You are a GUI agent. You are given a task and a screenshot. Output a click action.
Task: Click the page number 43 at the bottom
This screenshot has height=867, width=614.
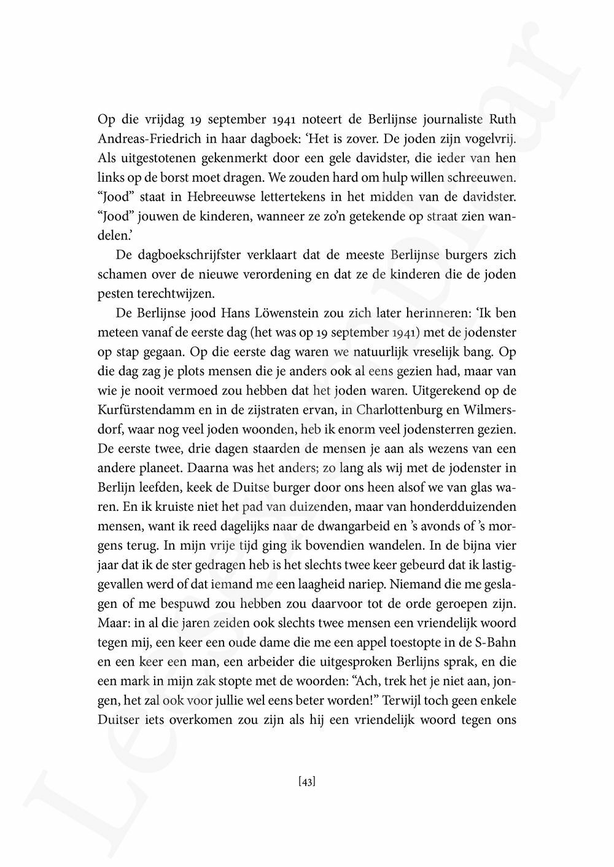pos(307,782)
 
